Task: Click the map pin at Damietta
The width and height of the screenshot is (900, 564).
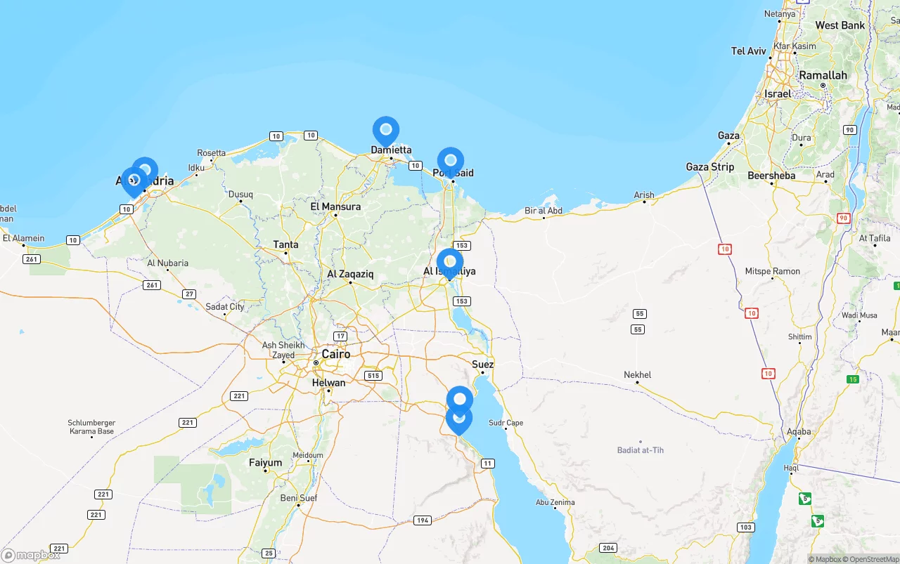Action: [385, 130]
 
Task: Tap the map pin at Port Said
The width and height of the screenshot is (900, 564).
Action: [451, 161]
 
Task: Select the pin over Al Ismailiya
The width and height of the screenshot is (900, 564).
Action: [450, 262]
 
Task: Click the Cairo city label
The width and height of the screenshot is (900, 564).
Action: [335, 354]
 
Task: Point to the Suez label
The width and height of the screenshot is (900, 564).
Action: [483, 365]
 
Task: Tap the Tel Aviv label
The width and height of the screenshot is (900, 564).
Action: [749, 51]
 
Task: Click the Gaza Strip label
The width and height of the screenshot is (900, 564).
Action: [710, 167]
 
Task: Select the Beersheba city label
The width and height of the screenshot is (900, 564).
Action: [771, 176]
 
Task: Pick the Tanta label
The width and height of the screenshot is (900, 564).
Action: [285, 244]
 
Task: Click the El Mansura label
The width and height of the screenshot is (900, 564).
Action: [335, 207]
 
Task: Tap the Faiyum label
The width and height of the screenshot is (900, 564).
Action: [265, 463]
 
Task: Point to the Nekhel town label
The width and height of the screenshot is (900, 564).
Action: [638, 375]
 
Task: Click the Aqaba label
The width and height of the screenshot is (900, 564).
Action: [799, 432]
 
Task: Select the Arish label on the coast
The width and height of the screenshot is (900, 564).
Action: [643, 195]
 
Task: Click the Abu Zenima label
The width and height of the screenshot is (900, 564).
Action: [555, 502]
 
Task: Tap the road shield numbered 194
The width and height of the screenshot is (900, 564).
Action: [423, 520]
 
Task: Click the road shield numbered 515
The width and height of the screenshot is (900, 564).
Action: [373, 376]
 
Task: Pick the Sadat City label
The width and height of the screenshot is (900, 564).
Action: [225, 307]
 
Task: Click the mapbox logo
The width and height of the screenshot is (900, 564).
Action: [31, 556]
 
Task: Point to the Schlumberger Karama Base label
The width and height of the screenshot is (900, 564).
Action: [91, 427]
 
